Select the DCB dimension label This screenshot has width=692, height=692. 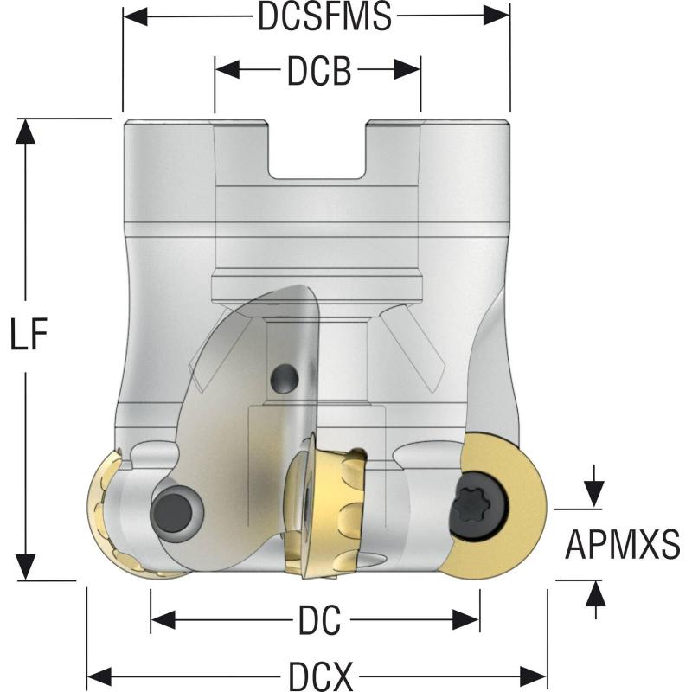click(x=319, y=73)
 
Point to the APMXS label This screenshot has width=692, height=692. click(x=622, y=544)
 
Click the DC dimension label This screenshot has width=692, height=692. click(x=319, y=619)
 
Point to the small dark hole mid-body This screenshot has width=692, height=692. click(x=284, y=376)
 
